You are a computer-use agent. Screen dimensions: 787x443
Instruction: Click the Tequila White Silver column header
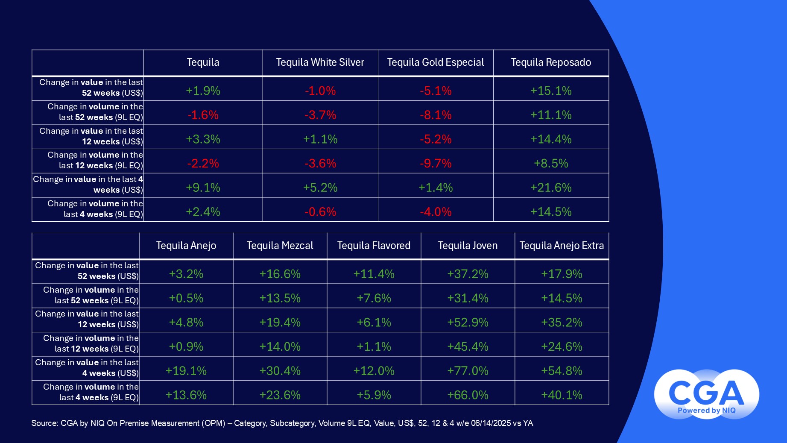[320, 62]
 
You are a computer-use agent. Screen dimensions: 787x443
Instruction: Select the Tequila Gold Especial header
[436, 62]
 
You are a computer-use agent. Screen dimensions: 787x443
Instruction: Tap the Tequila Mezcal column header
[280, 246]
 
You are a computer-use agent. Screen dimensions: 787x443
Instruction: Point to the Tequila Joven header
[468, 246]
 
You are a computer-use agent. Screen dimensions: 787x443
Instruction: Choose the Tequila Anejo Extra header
[562, 246]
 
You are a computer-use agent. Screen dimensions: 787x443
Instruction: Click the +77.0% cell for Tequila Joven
[468, 371]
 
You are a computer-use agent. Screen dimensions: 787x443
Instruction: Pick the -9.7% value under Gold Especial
[436, 163]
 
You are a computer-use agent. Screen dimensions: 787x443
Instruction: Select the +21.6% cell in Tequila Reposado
[551, 188]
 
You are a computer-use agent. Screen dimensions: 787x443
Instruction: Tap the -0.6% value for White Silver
[320, 212]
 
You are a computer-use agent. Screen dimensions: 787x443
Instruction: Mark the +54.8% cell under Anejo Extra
[562, 371]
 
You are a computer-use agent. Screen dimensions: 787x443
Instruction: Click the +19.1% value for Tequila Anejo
[186, 371]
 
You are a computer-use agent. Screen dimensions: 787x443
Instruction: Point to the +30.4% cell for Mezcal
[280, 371]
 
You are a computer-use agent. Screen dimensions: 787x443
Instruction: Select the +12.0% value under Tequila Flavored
[374, 371]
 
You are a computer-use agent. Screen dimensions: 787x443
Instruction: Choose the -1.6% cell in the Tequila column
[203, 115]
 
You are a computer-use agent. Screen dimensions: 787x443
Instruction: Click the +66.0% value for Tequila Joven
[468, 395]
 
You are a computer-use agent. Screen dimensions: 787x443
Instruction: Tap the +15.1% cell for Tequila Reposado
[551, 91]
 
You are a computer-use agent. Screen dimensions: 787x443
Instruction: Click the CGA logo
[706, 394]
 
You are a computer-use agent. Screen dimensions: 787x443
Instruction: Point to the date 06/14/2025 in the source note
[490, 423]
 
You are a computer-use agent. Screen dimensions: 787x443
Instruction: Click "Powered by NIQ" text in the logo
[707, 411]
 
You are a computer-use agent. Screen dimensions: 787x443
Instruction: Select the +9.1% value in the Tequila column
[203, 188]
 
